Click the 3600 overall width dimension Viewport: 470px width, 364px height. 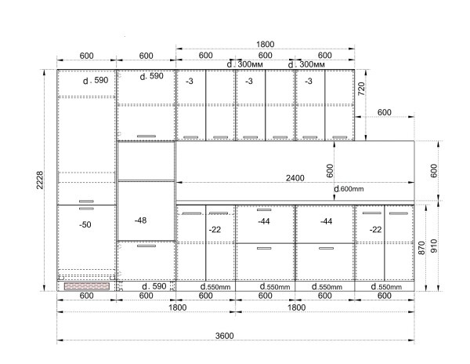click(x=225, y=336)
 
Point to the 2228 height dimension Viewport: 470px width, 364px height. click(x=40, y=180)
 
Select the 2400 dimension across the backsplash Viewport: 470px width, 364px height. click(x=295, y=178)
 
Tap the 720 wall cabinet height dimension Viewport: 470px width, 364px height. click(x=361, y=89)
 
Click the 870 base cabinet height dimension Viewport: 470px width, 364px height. click(x=421, y=248)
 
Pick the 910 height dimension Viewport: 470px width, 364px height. click(x=434, y=246)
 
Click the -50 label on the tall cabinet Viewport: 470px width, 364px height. click(x=85, y=224)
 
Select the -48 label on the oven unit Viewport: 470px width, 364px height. click(x=140, y=220)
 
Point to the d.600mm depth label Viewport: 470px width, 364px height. click(x=349, y=189)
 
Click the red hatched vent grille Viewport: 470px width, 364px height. click(x=87, y=286)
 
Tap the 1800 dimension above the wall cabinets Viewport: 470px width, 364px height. click(x=265, y=44)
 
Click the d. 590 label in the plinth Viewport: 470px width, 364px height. click(x=154, y=286)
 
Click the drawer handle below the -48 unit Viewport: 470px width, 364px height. click(x=146, y=246)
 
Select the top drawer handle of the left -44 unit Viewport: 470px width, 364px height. click(x=264, y=209)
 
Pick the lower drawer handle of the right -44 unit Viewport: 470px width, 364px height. click(x=326, y=248)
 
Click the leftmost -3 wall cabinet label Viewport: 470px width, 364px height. click(x=190, y=81)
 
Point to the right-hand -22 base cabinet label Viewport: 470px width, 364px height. click(x=375, y=230)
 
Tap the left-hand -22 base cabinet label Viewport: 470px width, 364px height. click(x=215, y=230)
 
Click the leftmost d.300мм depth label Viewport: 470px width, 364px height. click(x=245, y=64)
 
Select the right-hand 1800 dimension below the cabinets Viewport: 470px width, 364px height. click(x=296, y=308)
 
